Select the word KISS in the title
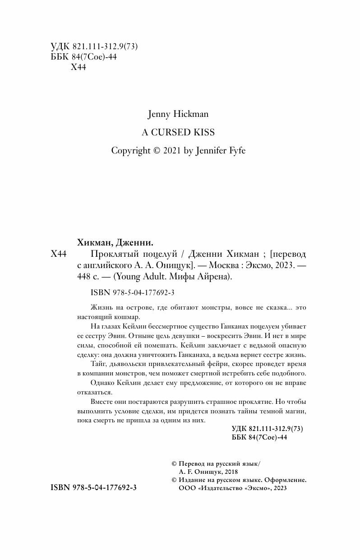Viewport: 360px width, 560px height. click(x=205, y=133)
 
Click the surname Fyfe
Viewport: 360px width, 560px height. click(x=236, y=151)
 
